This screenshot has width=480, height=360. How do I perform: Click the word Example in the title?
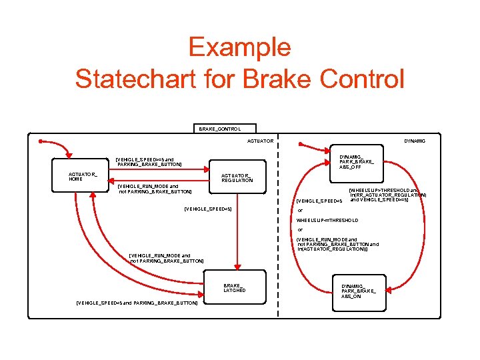[x=239, y=47]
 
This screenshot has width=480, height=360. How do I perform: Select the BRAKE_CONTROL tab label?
[x=220, y=128]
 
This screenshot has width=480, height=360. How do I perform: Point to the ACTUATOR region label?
[x=260, y=141]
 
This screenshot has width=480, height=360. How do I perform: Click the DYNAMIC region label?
[x=415, y=141]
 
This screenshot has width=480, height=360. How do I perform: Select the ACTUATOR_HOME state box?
[x=83, y=177]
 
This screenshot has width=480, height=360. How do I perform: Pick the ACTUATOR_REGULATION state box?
[x=237, y=177]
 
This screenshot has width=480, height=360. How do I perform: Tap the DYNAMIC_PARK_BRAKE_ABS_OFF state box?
[x=357, y=160]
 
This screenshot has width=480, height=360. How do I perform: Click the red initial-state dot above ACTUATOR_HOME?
[x=41, y=141]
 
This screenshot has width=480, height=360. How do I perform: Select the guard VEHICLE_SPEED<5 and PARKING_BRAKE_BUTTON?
[x=137, y=303]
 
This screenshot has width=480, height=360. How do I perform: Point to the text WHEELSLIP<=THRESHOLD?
[x=327, y=220]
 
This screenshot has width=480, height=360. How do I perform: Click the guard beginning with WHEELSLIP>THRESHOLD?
[x=388, y=195]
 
